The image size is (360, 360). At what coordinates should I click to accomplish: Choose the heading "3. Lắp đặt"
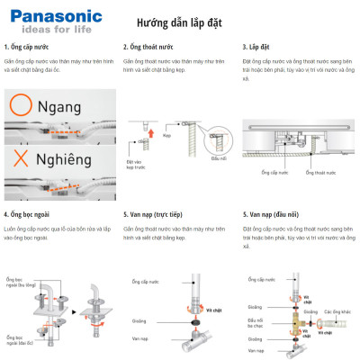259,46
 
